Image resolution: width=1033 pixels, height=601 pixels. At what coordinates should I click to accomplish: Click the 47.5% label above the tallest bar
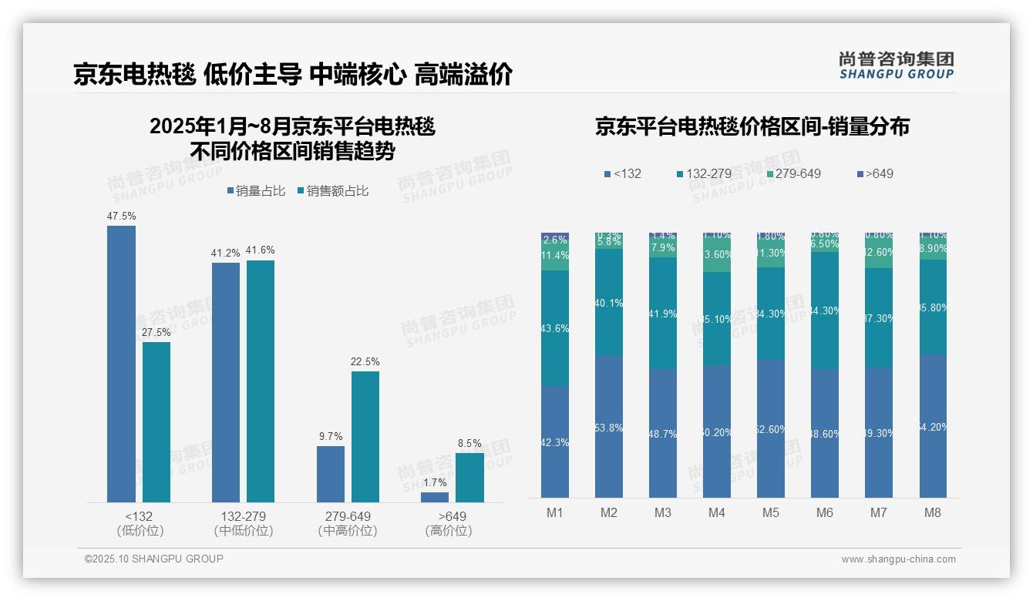(121, 217)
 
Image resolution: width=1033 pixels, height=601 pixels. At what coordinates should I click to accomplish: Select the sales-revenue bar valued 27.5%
(156, 421)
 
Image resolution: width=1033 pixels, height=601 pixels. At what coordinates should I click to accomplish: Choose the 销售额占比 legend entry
(332, 191)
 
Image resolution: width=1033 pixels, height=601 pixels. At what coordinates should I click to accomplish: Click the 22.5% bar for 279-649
(365, 436)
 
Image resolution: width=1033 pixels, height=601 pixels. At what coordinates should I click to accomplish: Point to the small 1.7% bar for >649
(435, 497)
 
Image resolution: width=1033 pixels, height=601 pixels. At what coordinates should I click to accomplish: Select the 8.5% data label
(469, 444)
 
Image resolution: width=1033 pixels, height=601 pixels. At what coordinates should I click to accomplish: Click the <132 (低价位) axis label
(140, 523)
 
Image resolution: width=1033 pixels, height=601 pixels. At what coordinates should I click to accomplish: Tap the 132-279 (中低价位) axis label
(244, 523)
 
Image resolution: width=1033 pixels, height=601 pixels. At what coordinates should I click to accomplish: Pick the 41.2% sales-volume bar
(226, 382)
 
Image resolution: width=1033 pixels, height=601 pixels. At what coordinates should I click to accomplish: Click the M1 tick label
(555, 512)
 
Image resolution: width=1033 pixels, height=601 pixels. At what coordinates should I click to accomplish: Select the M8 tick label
(932, 512)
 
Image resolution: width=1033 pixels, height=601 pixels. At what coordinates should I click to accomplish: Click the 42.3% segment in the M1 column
(555, 442)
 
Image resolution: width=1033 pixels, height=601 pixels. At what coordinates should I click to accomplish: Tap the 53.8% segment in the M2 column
(609, 426)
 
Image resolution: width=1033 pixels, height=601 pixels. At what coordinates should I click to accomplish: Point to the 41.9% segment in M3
(663, 313)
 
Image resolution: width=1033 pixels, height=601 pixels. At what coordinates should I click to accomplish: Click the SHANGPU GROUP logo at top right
(896, 65)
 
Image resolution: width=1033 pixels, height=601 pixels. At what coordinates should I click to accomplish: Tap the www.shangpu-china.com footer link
(898, 559)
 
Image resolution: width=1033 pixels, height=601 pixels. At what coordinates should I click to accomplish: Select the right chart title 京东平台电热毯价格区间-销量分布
(752, 126)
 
